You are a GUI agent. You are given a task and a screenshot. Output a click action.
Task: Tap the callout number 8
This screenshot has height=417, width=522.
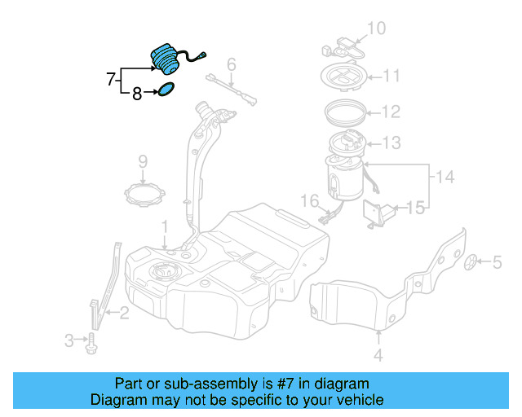click(x=136, y=94)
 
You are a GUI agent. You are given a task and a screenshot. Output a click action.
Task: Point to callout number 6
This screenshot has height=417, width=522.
click(x=232, y=64)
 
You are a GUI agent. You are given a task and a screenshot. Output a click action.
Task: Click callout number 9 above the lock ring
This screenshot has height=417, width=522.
click(x=141, y=160)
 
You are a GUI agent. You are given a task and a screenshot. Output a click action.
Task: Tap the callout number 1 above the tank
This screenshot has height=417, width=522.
click(x=164, y=225)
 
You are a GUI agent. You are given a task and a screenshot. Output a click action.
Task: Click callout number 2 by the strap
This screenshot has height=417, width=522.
click(x=124, y=311)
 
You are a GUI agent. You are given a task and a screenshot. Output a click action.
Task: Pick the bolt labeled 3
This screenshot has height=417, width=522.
click(x=91, y=345)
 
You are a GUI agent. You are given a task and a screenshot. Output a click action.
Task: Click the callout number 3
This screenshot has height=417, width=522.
click(x=69, y=339)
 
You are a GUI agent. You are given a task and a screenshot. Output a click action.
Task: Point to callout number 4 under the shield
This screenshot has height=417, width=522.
click(x=378, y=355)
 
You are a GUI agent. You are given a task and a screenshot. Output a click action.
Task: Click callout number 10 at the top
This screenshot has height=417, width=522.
click(x=375, y=29)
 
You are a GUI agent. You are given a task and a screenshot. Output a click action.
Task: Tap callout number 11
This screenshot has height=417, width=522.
click(x=391, y=77)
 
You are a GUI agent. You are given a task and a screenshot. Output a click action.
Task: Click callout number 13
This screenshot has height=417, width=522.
click(x=391, y=143)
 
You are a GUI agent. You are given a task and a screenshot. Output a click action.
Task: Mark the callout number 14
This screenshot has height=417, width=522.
click(x=443, y=176)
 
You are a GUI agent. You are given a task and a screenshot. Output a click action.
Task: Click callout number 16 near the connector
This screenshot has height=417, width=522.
click(x=310, y=200)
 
